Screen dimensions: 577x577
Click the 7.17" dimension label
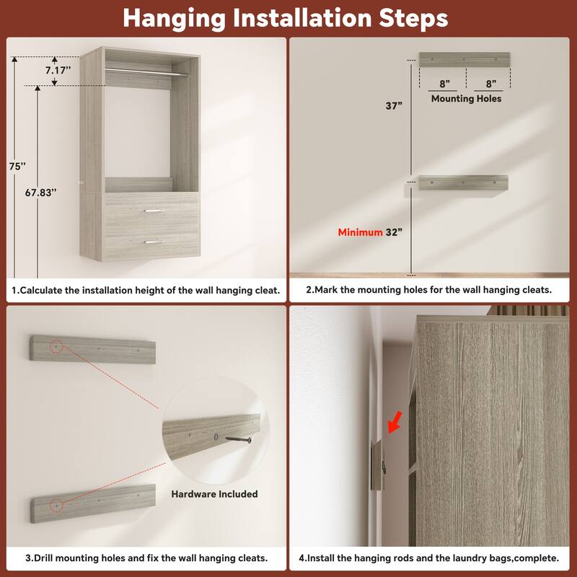click(58, 71)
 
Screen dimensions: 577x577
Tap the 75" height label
click(17, 165)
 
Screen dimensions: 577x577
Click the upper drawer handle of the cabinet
click(153, 211)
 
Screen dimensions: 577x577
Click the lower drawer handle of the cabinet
click(153, 242)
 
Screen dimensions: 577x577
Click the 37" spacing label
click(393, 105)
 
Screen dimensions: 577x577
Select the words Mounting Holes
click(466, 98)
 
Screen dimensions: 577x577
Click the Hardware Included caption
click(214, 494)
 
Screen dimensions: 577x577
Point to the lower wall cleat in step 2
click(462, 183)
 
